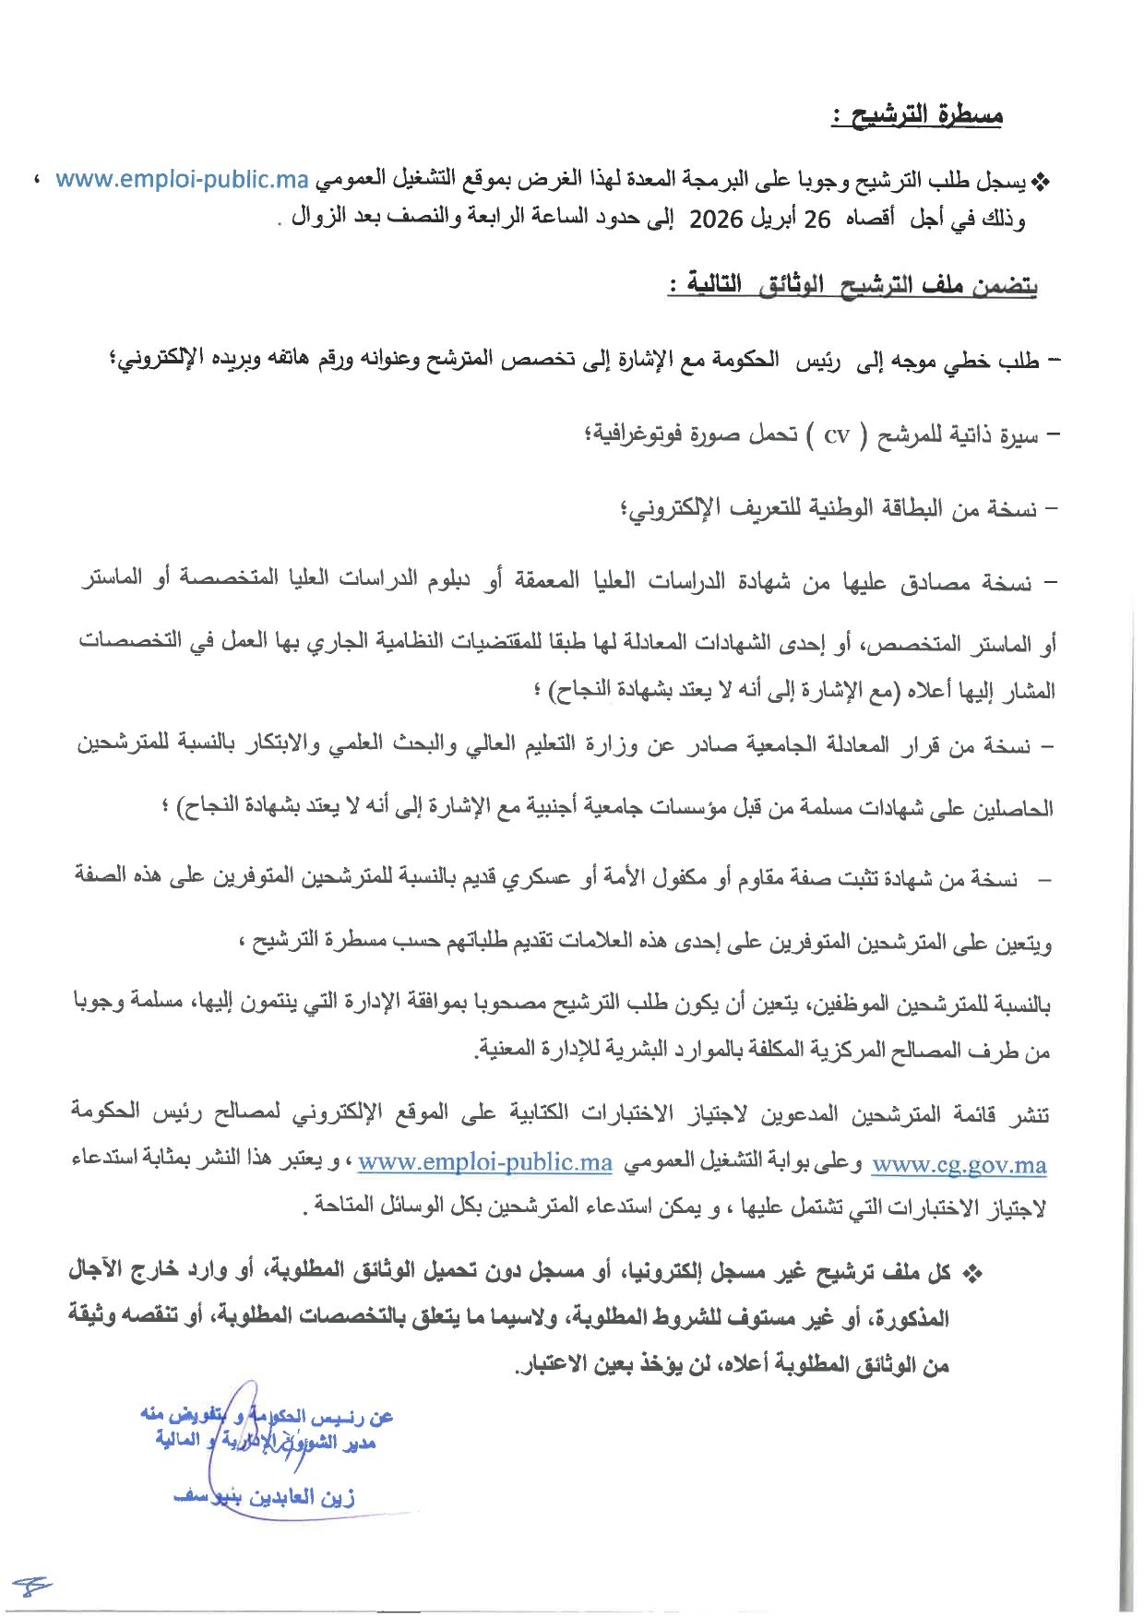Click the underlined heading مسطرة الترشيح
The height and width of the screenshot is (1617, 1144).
point(917,116)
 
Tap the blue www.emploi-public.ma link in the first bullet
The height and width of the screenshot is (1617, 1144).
point(182,179)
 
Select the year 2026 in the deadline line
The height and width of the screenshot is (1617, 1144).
point(716,220)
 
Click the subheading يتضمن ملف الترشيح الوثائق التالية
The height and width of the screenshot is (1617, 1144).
point(853,286)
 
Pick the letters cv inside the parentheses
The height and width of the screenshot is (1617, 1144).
point(836,435)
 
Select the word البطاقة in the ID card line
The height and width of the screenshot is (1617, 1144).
point(913,508)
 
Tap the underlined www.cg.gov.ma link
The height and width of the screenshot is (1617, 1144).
point(959,1164)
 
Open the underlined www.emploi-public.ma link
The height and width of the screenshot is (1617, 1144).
point(485,1162)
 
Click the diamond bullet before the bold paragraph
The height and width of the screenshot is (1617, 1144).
point(971,1275)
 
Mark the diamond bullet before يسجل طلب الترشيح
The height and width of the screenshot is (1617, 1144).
point(1041,182)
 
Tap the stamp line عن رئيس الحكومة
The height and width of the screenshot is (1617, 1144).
point(268,1416)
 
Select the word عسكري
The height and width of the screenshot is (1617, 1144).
point(535,880)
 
